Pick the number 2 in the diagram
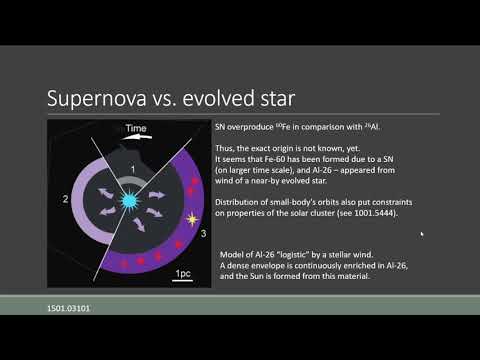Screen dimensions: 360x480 pos(66,200)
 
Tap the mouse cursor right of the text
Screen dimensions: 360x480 pos(421,234)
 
